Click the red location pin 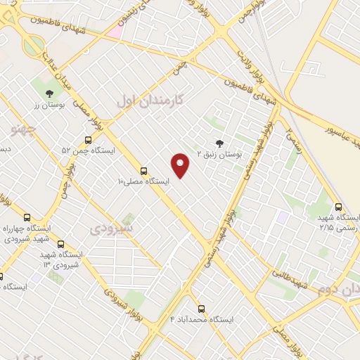point(181,164)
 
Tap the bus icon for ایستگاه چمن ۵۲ point(88,140)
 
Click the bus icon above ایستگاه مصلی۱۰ point(143,170)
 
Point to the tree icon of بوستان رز point(49,93)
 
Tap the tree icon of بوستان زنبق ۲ point(219,142)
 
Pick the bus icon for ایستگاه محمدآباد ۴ point(201,308)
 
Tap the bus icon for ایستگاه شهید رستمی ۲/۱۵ point(339,207)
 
